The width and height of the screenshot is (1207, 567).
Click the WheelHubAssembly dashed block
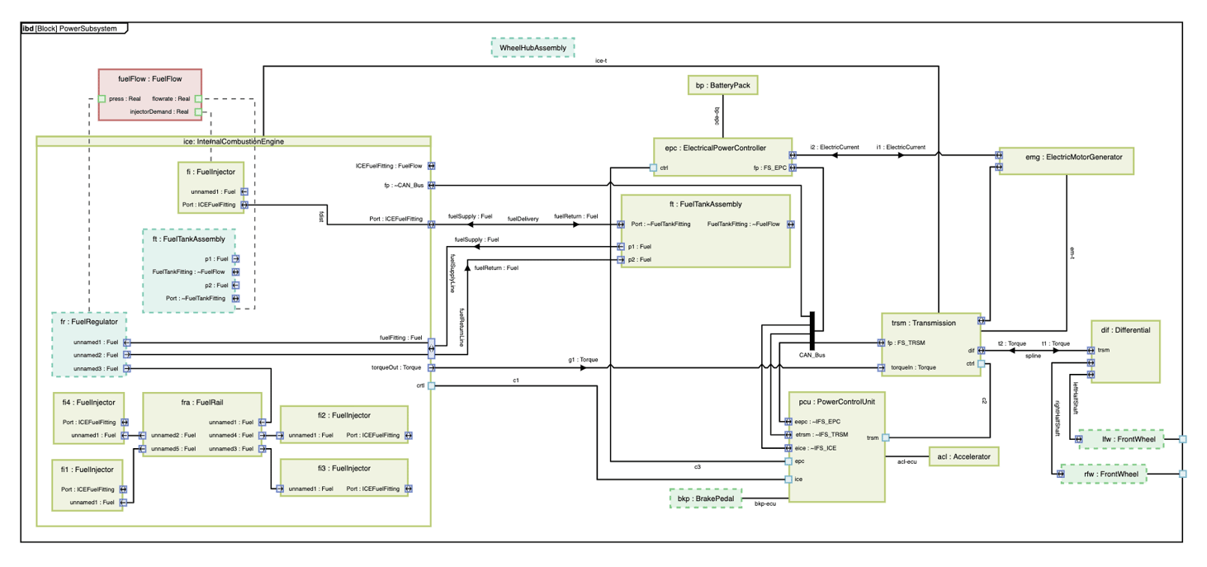pos(532,48)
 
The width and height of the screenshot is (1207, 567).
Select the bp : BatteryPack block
pos(722,85)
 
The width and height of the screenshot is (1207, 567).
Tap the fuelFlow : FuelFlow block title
pos(149,79)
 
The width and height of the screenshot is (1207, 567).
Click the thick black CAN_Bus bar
pos(812,330)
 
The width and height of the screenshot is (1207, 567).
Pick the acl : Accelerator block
pos(963,456)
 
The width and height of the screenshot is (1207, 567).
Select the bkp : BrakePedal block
pos(705,498)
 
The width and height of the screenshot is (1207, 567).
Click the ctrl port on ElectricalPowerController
pos(653,168)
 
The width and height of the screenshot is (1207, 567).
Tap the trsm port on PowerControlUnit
pos(885,437)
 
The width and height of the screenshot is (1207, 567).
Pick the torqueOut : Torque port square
pos(431,367)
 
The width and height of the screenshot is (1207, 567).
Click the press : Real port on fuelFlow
pos(102,99)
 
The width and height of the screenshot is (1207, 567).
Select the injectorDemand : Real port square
pos(198,112)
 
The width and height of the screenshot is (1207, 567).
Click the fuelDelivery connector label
pos(523,219)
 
